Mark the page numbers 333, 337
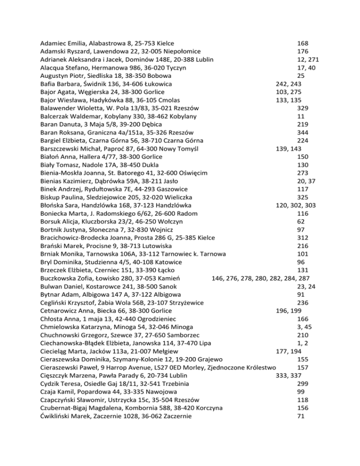coord(289,375)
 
